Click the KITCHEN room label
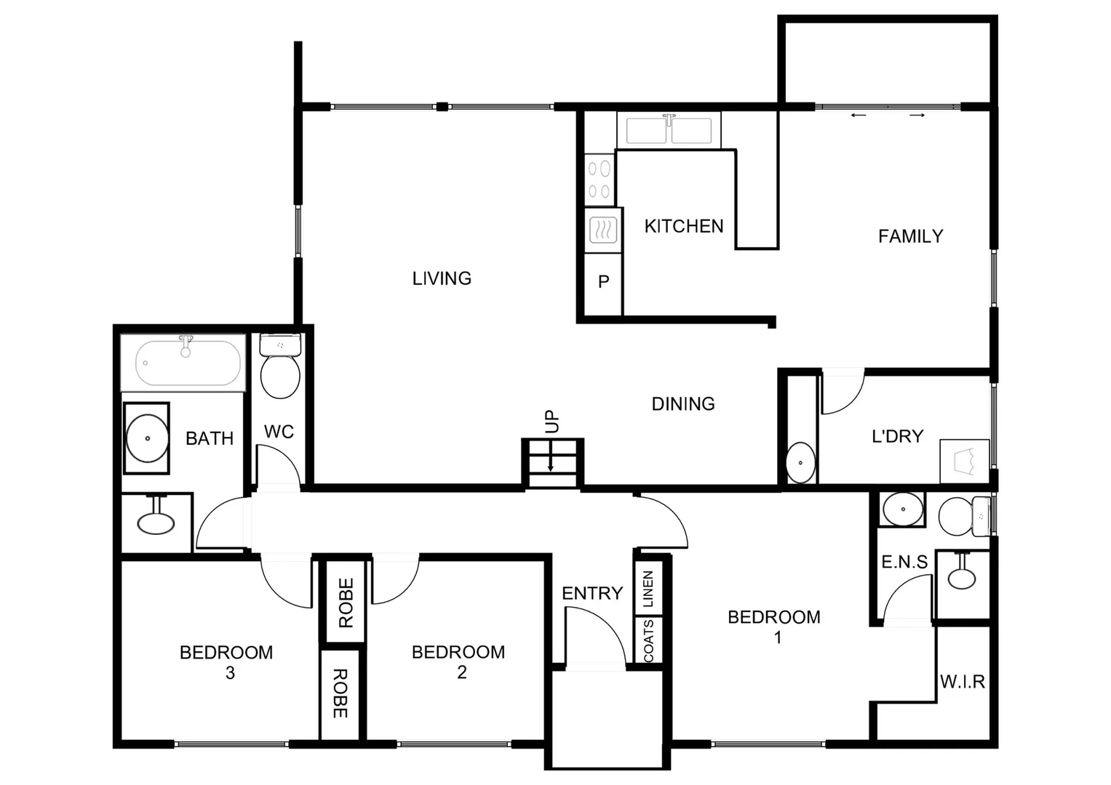683,227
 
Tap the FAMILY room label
910,236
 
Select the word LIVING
442,278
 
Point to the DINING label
682,404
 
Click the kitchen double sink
669,131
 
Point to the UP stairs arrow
551,459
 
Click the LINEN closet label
648,589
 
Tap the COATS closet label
648,640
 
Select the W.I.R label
962,682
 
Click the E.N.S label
904,562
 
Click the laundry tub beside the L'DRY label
965,461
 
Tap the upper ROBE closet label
346,603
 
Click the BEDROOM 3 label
226,661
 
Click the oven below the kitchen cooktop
602,231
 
